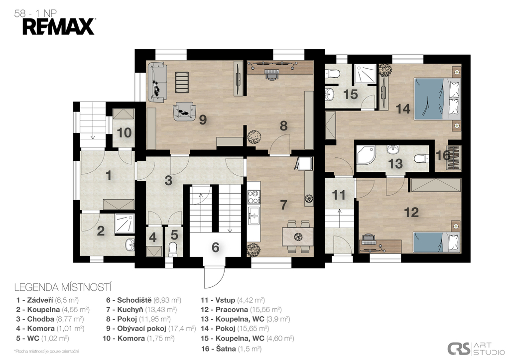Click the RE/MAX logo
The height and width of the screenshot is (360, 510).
click(x=59, y=27)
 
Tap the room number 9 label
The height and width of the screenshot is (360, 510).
click(x=203, y=120)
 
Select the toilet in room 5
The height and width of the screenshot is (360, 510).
click(x=173, y=248)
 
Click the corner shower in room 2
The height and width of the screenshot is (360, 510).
click(x=125, y=224)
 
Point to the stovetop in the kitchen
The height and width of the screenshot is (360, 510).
click(x=254, y=197)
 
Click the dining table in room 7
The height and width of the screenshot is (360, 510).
click(x=298, y=237)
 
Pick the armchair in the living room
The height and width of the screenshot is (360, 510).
click(x=184, y=111)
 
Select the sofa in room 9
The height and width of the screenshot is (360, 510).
click(x=157, y=83)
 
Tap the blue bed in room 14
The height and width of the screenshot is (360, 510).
click(x=437, y=99)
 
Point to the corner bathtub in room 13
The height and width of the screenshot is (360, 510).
click(x=366, y=155)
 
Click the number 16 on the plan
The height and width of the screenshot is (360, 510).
click(x=443, y=155)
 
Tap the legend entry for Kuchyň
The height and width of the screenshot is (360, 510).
click(x=141, y=310)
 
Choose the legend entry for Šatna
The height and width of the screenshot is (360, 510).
click(x=231, y=349)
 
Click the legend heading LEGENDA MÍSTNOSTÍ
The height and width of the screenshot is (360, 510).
click(x=63, y=287)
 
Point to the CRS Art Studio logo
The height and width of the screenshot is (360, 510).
click(x=476, y=349)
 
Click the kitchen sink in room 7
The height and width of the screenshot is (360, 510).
click(x=254, y=216)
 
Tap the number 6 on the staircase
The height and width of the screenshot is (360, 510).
click(x=215, y=247)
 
